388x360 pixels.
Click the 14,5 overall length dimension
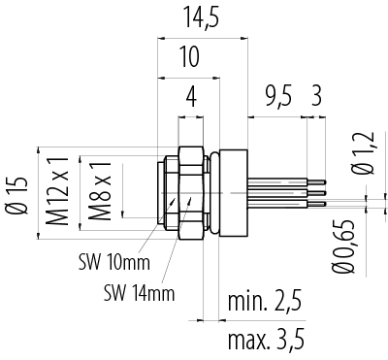pyautogui.click(x=200, y=18)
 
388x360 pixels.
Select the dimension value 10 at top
pyautogui.click(x=190, y=57)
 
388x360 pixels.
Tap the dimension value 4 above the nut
pyautogui.click(x=191, y=97)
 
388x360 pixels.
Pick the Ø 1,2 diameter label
pyautogui.click(x=359, y=155)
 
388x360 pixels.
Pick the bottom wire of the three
pyautogui.click(x=281, y=203)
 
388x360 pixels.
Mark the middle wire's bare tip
pyautogui.click(x=318, y=192)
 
